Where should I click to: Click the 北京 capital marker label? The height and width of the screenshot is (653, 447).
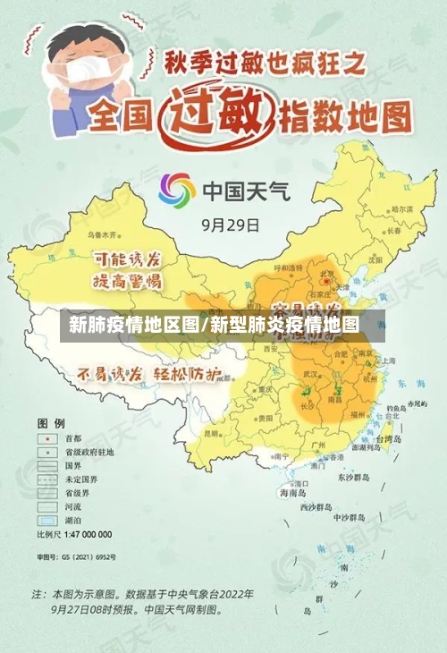tap(327, 274)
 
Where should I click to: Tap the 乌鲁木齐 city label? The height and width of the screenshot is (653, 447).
tap(108, 235)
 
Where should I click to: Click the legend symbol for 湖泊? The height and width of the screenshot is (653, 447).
tap(45, 519)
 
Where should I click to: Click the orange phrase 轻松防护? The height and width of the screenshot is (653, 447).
tap(185, 374)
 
